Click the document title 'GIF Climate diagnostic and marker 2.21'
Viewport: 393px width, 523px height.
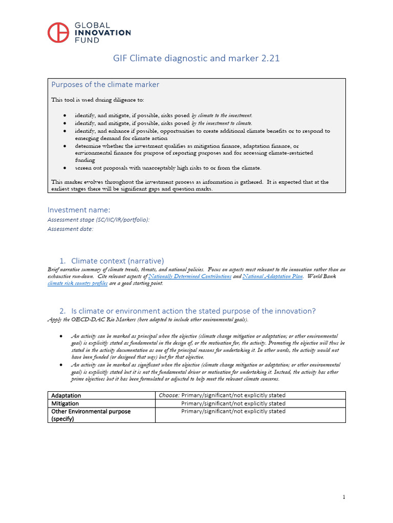point(196,58)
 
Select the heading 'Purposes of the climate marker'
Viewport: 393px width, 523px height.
point(105,84)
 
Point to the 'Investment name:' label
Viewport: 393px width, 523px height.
point(79,209)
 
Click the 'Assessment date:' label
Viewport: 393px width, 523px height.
point(71,229)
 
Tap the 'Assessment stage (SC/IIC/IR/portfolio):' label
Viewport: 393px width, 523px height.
point(99,220)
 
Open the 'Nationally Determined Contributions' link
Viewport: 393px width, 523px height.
point(190,276)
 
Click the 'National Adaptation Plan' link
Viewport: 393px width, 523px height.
point(273,276)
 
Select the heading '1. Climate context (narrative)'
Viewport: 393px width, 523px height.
point(112,260)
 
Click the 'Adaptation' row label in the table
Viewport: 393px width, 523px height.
point(66,395)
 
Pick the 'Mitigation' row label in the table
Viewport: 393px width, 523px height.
point(65,403)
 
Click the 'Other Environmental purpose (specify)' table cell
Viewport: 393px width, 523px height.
point(91,415)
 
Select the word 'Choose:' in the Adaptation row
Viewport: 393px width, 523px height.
point(168,395)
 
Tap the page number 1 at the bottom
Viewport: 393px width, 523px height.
point(344,497)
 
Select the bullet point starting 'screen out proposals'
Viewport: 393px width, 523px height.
point(168,168)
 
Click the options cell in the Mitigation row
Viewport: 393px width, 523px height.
point(233,403)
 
